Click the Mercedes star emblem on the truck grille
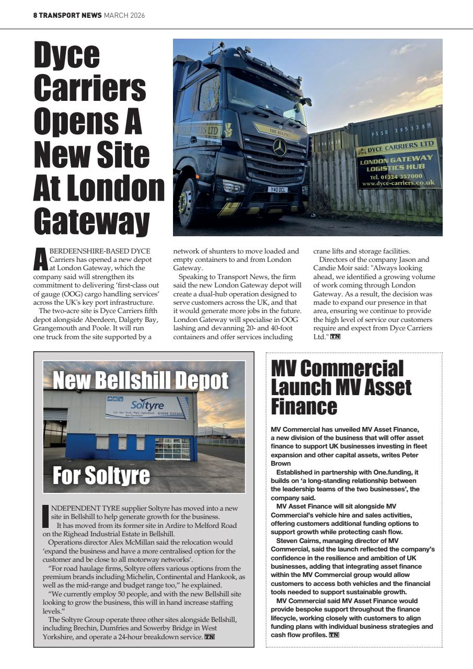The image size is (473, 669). [x=280, y=147]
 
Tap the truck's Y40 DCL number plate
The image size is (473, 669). [x=278, y=189]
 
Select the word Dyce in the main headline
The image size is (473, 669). [x=67, y=54]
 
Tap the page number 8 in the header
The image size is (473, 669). [x=35, y=15]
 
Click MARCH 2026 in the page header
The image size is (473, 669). [x=124, y=15]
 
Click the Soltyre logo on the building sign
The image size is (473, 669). [x=147, y=405]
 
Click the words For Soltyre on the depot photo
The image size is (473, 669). [x=101, y=475]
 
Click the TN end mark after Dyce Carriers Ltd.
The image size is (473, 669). [x=334, y=337]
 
